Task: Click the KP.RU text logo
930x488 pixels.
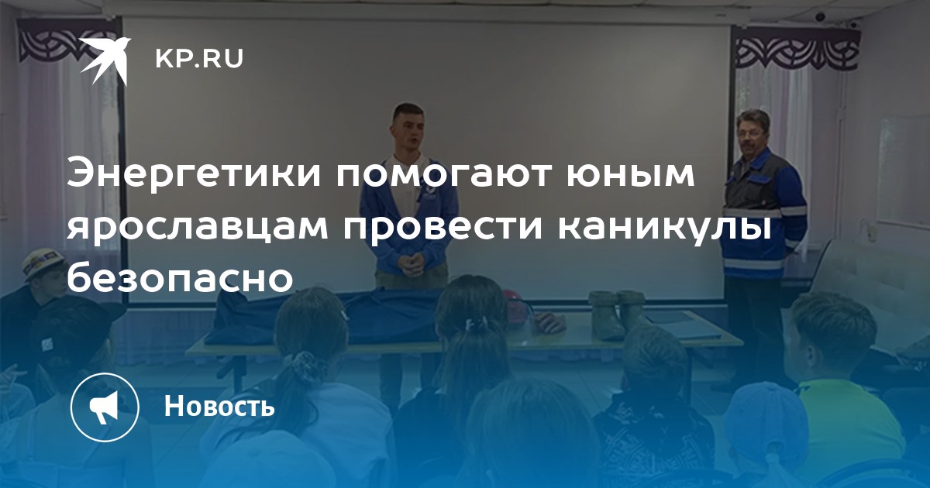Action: point(199,59)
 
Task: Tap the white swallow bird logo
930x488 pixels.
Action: point(105,60)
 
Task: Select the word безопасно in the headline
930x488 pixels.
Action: point(180,275)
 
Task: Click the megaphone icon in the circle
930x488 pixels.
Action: point(105,407)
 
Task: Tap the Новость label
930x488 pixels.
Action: point(219,406)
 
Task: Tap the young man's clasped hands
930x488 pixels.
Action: point(411,263)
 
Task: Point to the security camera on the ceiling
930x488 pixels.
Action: point(820,16)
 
